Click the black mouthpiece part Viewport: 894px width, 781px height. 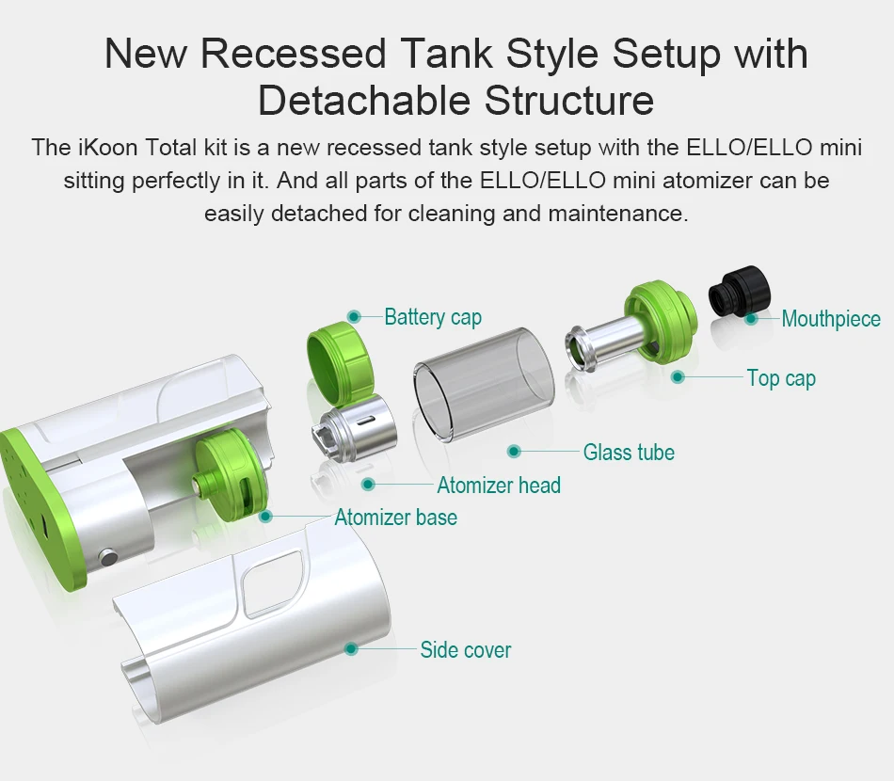pos(740,292)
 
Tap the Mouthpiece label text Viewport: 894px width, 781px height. pos(831,319)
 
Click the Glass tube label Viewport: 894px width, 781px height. pos(629,452)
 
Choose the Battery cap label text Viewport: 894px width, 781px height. pos(433,317)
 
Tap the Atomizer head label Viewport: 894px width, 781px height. pos(499,486)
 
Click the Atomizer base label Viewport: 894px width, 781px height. pos(395,518)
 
